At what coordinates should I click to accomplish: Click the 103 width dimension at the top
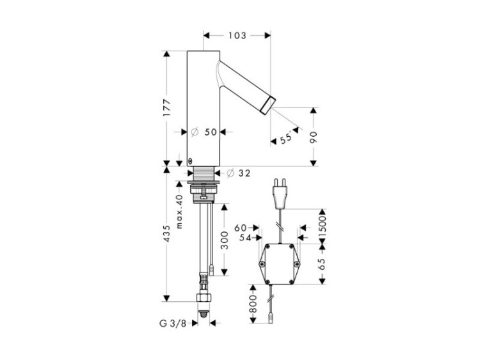pyautogui.click(x=237, y=36)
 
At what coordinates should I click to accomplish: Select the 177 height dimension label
pyautogui.click(x=167, y=107)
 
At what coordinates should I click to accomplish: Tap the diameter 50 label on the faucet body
pyautogui.click(x=204, y=132)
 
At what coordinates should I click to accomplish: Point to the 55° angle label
pyautogui.click(x=286, y=138)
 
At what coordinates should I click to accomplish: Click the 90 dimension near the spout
pyautogui.click(x=314, y=137)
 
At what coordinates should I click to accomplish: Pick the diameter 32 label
pyautogui.click(x=239, y=173)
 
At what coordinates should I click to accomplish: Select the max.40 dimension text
pyautogui.click(x=179, y=212)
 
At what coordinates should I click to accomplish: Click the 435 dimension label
pyautogui.click(x=167, y=233)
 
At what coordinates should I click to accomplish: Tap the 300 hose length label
pyautogui.click(x=225, y=240)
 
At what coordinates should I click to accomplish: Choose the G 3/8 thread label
pyautogui.click(x=173, y=324)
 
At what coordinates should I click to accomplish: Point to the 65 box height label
pyautogui.click(x=322, y=264)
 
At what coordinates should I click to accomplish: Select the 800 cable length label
pyautogui.click(x=253, y=304)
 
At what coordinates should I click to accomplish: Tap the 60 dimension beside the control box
pyautogui.click(x=241, y=228)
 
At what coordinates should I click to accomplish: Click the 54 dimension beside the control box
pyautogui.click(x=245, y=238)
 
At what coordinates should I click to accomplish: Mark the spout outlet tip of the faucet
pyautogui.click(x=269, y=106)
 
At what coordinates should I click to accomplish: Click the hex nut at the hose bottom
pyautogui.click(x=203, y=298)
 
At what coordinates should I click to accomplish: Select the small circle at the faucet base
pyautogui.click(x=191, y=160)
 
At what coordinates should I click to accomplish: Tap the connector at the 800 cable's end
pyautogui.click(x=271, y=320)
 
